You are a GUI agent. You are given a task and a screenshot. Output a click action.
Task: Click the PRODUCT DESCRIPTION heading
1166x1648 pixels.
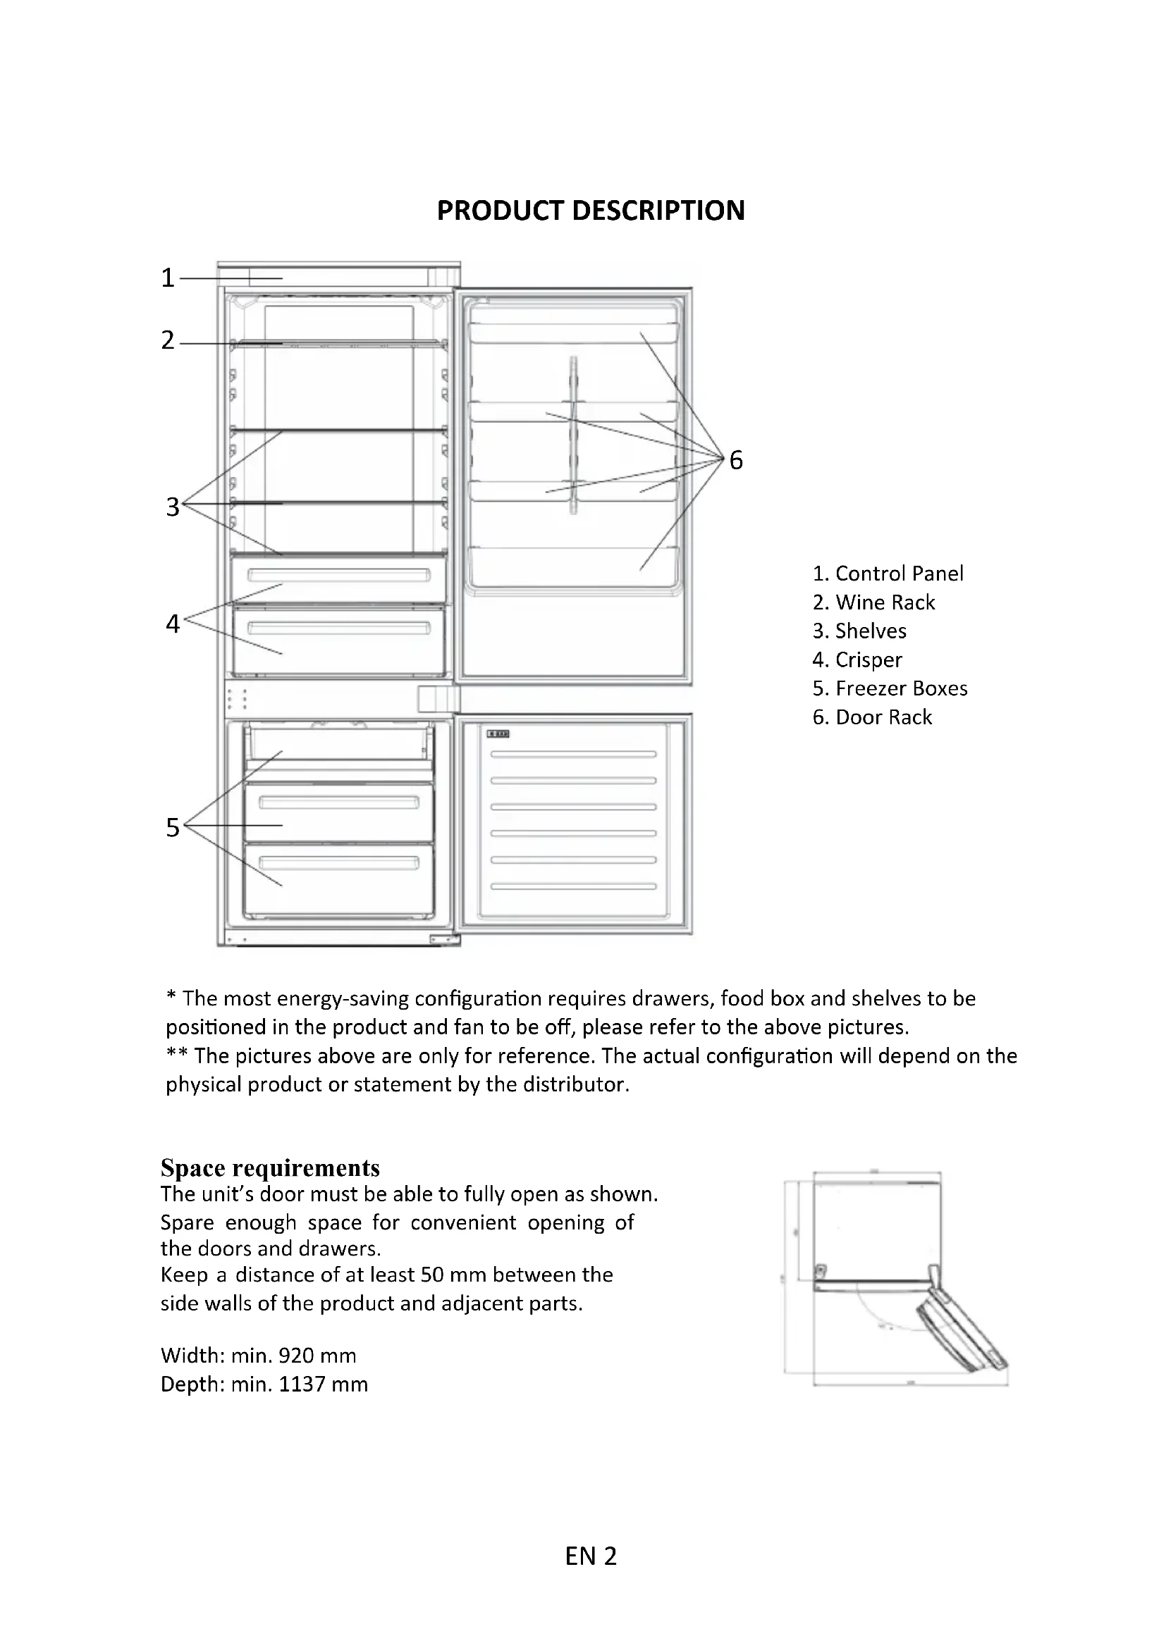[x=590, y=210]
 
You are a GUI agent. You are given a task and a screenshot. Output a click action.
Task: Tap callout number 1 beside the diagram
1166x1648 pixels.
[x=168, y=278]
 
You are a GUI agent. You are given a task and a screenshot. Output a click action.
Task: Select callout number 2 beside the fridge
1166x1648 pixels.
[x=168, y=340]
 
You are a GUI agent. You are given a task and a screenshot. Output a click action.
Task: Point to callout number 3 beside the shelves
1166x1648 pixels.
[x=172, y=507]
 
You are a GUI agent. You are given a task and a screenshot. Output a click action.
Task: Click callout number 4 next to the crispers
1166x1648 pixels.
[x=172, y=624]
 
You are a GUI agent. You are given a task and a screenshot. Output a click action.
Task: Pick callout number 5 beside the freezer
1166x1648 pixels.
[x=172, y=828]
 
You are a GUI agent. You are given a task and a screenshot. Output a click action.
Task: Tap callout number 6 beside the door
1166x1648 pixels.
[x=736, y=460]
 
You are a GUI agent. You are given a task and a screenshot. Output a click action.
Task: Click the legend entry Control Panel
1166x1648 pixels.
[x=888, y=574]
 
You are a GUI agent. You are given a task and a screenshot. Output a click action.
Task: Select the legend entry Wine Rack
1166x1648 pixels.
[x=873, y=602]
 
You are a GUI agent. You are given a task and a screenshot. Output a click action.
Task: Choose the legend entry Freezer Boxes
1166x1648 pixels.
[x=890, y=688]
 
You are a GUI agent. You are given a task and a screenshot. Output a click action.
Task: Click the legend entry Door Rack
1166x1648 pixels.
[x=872, y=717]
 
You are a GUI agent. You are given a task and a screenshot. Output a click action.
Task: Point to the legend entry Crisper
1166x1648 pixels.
[x=857, y=659]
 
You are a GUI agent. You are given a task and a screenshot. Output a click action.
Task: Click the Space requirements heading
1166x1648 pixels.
[x=270, y=1167]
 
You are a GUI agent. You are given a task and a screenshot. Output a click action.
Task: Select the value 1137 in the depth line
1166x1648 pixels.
[x=302, y=1384]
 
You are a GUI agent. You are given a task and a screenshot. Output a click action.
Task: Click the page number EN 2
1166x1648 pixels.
[x=590, y=1556]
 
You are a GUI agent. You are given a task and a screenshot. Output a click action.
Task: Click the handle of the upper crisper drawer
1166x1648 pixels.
[x=338, y=575]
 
